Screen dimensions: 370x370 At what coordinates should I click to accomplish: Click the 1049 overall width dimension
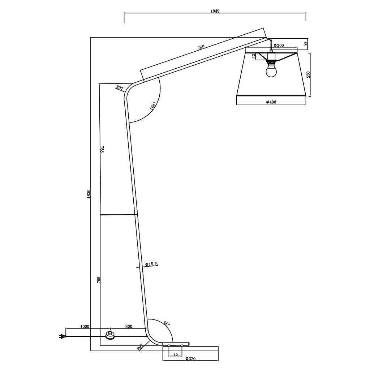point(215,11)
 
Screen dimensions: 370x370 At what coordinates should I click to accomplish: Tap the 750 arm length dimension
point(201,47)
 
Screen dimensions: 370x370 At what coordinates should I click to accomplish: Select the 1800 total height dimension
point(89,194)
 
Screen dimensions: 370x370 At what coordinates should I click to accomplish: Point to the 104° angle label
point(152,106)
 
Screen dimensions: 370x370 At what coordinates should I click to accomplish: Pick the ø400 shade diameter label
point(271,102)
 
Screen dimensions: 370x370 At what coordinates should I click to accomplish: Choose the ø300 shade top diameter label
point(279,45)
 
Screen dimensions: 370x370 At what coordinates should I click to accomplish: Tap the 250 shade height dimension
point(309,74)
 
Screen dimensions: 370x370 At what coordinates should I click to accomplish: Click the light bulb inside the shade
point(271,71)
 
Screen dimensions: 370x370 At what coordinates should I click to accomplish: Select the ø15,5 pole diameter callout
point(151,264)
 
